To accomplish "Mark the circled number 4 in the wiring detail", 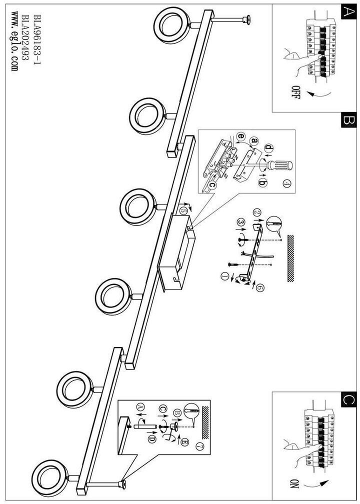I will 286,183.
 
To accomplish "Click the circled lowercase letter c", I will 212,184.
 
